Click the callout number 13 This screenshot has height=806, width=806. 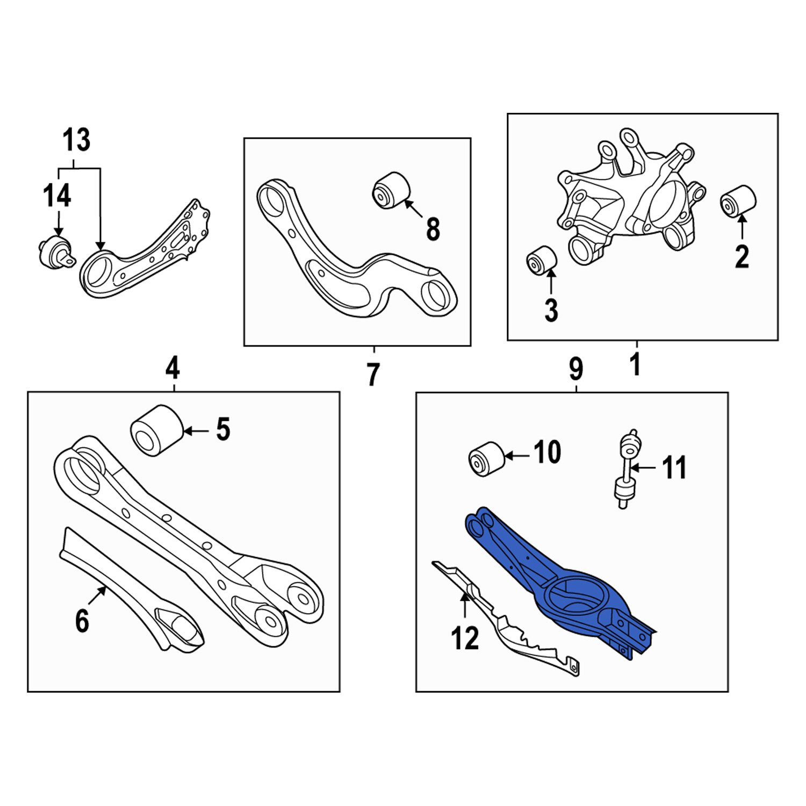click(x=77, y=140)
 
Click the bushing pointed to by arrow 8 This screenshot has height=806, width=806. click(x=391, y=189)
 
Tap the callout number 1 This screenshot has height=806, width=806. click(x=636, y=364)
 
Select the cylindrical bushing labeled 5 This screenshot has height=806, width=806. click(x=155, y=430)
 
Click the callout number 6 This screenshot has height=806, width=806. click(x=82, y=621)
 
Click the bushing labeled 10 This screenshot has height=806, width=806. click(x=486, y=458)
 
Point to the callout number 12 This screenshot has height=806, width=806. click(x=465, y=638)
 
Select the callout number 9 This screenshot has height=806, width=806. click(x=575, y=369)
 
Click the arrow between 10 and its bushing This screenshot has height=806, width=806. click(x=517, y=456)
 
